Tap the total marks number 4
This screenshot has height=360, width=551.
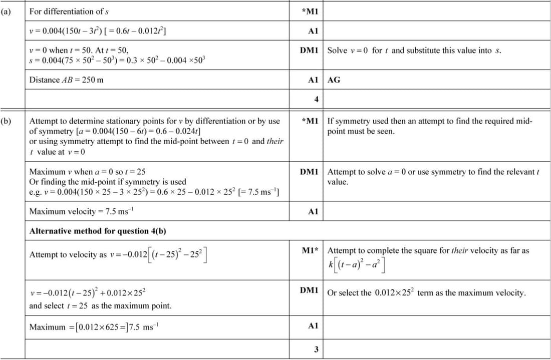[316, 99]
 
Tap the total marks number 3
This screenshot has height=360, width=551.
[316, 349]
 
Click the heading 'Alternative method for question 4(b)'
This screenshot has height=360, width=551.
[98, 231]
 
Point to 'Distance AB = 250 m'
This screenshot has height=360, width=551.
[67, 80]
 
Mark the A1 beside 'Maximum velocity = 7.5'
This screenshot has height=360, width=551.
[314, 211]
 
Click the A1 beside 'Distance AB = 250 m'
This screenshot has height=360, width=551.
[314, 80]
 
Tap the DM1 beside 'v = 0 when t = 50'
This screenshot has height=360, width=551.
[310, 51]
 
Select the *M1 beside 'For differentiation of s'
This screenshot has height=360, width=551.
[311, 12]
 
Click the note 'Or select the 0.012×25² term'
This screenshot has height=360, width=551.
[426, 293]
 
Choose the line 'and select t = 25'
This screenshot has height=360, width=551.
[100, 305]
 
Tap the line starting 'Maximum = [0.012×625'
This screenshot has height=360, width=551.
[94, 327]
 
